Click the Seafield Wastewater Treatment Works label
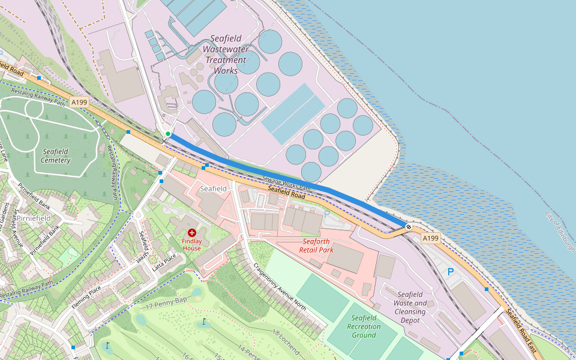click(226, 55)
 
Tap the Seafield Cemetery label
click(56, 156)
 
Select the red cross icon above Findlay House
click(192, 232)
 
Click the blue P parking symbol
click(451, 272)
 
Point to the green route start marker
click(168, 133)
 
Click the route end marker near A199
click(408, 227)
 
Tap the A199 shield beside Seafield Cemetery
click(79, 103)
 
